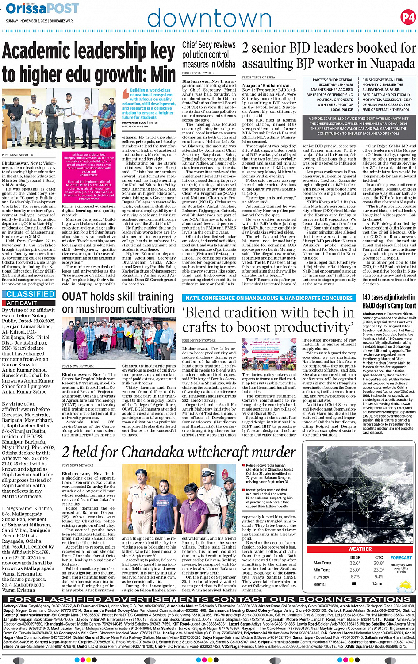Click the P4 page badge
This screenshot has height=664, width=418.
point(407,17)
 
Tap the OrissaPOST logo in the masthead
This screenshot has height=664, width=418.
point(42,8)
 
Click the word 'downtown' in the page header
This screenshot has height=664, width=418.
point(209,18)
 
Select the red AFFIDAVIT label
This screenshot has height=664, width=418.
point(22,303)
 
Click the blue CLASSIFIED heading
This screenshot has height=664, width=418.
point(31,294)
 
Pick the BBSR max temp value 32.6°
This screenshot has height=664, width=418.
point(355,563)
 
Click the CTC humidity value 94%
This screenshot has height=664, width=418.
point(378,577)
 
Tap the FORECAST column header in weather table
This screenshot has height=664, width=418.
point(401,557)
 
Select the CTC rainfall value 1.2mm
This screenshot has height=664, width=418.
point(377,584)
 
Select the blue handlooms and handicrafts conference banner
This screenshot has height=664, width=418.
point(269,298)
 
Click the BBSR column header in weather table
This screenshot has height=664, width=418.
point(355,557)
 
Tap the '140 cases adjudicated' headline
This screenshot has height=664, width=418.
point(389,301)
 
